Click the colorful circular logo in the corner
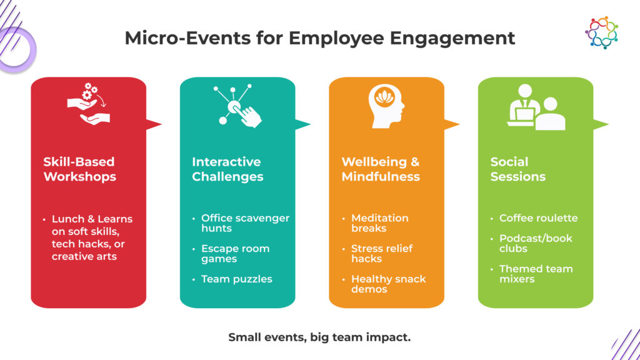(602, 32)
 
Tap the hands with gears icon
(89, 104)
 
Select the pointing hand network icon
(237, 106)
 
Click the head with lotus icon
(386, 106)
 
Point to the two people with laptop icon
(536, 107)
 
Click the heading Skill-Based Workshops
(79, 169)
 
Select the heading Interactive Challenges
(227, 169)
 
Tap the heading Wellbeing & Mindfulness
(381, 169)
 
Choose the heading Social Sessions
(518, 169)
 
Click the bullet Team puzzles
(236, 279)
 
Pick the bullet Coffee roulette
(538, 218)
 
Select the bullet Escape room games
(235, 254)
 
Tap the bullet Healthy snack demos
(388, 284)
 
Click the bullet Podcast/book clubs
(536, 243)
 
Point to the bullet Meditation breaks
(379, 223)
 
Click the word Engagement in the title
(452, 39)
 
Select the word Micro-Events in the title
(187, 38)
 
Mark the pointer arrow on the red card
(154, 124)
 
